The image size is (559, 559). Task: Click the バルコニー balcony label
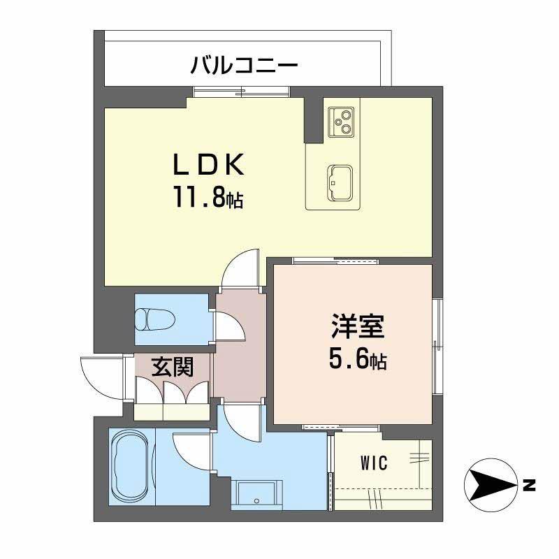(x=245, y=66)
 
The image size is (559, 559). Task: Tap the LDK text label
(x=208, y=166)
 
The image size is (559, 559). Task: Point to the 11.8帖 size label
(x=208, y=199)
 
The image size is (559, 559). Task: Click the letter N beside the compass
(x=529, y=484)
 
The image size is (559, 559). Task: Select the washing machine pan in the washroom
(x=259, y=494)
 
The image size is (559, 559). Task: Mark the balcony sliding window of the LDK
(x=241, y=90)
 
